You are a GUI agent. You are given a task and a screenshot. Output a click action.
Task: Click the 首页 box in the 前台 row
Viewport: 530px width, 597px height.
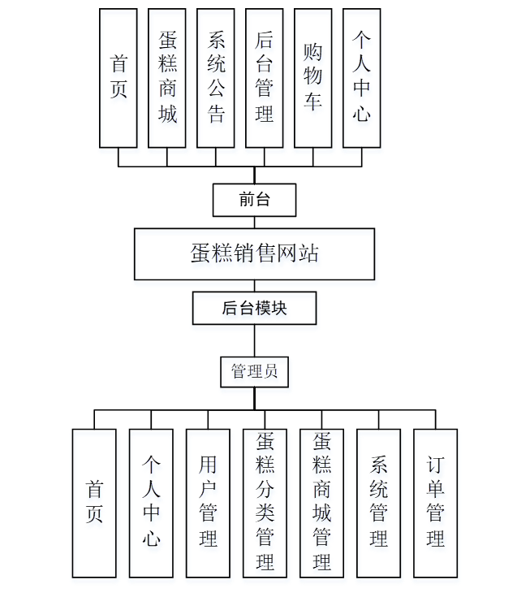point(118,78)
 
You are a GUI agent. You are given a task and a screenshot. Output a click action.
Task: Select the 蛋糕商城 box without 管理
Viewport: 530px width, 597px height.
point(167,78)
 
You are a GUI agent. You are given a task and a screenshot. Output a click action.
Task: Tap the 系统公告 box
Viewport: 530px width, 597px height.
point(216,78)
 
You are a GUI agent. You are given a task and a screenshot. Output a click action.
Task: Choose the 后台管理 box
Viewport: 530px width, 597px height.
point(265,78)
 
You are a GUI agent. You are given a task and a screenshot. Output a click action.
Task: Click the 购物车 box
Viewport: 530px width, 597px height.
point(313,78)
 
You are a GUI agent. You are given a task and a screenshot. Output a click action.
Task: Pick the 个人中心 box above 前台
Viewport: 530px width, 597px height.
point(362,78)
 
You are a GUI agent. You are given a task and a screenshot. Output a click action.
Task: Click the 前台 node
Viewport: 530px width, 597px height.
point(254,200)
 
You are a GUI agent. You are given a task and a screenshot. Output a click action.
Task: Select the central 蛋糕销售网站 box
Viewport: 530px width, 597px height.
point(254,254)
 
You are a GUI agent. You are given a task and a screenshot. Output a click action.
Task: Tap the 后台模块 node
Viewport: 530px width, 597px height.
point(254,309)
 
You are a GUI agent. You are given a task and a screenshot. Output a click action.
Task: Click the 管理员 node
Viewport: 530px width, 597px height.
point(254,372)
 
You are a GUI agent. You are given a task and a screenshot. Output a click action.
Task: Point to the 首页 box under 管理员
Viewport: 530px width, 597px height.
point(94,503)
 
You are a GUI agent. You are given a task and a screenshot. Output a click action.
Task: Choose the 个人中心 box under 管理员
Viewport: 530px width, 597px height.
point(151,503)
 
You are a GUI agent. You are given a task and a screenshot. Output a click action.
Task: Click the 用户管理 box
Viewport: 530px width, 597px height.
point(208,503)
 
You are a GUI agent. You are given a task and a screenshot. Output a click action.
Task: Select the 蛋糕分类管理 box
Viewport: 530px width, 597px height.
point(265,503)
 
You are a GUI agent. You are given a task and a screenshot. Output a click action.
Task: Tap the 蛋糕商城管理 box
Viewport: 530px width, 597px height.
point(321,503)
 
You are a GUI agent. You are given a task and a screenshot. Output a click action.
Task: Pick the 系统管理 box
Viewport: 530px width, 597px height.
point(378,503)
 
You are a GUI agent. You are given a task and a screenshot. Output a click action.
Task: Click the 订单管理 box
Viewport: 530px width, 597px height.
point(436,503)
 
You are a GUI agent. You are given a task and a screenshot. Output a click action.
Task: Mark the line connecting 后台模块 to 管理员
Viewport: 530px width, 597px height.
point(254,341)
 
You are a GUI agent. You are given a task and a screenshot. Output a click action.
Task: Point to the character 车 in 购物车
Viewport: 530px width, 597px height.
point(313,102)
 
